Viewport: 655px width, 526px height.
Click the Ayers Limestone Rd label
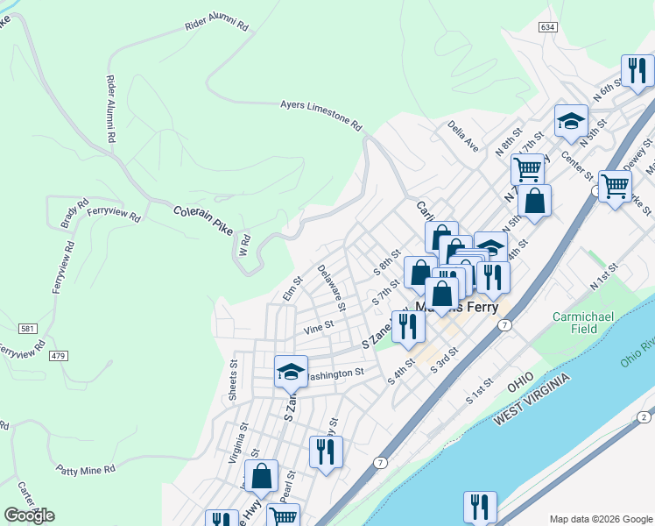point(320,115)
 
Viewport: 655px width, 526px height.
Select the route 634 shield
point(548,28)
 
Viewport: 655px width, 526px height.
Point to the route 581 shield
point(29,328)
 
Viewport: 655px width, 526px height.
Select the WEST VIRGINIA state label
point(532,399)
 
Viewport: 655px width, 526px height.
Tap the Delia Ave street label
point(463,138)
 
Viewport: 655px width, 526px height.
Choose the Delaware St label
point(332,288)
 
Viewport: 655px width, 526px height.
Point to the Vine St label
point(318,327)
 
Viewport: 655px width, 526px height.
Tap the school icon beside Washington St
point(291,371)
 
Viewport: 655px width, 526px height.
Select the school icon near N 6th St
point(571,122)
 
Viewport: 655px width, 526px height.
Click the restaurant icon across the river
point(480,506)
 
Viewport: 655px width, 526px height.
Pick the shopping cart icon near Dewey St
point(615,186)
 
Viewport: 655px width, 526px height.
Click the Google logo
point(30,515)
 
